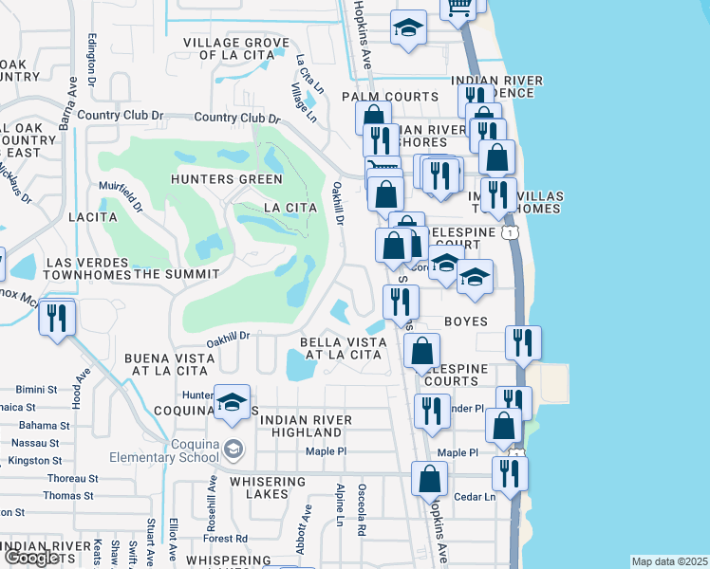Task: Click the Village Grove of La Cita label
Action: click(x=236, y=49)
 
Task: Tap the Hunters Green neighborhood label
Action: click(x=227, y=179)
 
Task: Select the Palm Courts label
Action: click(x=389, y=97)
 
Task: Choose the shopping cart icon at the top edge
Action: click(x=458, y=9)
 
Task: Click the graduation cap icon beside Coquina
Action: click(x=232, y=403)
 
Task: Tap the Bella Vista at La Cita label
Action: click(x=341, y=348)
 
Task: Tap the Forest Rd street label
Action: click(x=225, y=538)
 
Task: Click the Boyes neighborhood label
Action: click(x=466, y=321)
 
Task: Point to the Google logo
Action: click(x=30, y=558)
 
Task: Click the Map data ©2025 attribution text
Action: click(x=668, y=561)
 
